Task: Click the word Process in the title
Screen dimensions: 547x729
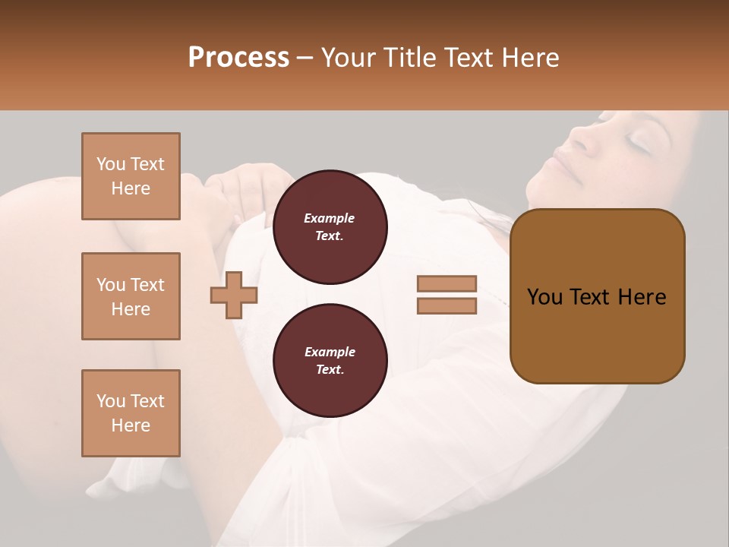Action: [x=238, y=58]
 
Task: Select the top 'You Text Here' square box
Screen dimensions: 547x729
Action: [x=131, y=176]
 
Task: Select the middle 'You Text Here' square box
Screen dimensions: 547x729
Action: [x=131, y=296]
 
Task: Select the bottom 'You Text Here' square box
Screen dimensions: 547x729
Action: [x=131, y=413]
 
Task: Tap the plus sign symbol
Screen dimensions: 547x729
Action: [x=234, y=296]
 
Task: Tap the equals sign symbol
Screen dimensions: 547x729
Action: [x=447, y=295]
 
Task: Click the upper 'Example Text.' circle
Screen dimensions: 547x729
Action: [x=330, y=227]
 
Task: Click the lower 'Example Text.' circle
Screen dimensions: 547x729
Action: [x=330, y=361]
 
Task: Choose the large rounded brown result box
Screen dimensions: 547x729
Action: [x=597, y=296]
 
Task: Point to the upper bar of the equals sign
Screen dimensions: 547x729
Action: [x=447, y=284]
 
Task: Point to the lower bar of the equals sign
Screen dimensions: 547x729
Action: [x=447, y=306]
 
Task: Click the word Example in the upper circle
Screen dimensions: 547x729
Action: [x=330, y=218]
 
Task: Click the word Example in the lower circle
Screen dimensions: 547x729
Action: [x=330, y=352]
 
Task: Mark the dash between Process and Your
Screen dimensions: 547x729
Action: [x=305, y=58]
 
